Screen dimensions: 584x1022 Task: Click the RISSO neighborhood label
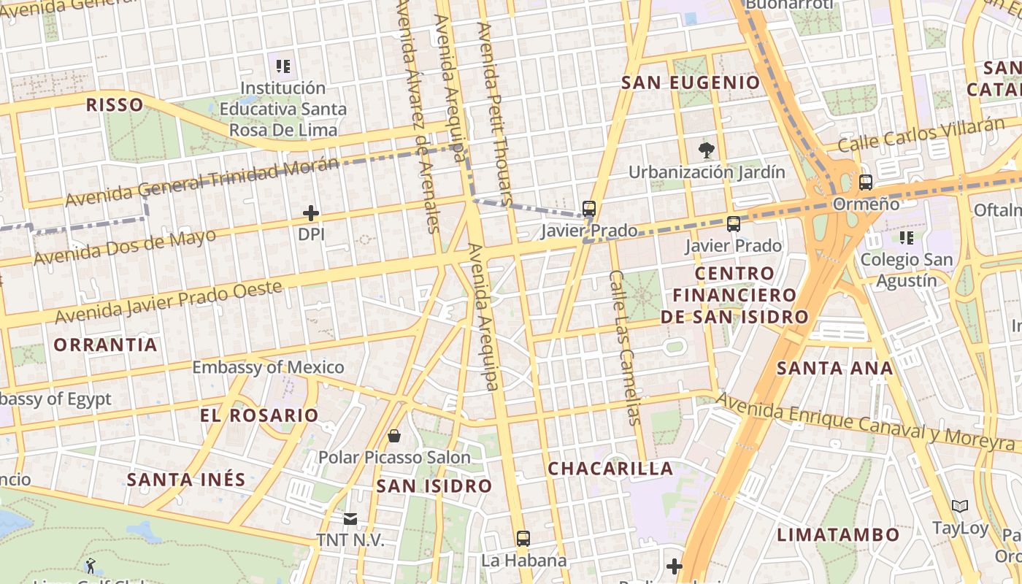click(x=115, y=104)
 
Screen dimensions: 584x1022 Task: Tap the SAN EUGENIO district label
click(x=691, y=82)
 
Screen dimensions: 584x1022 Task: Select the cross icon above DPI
click(x=311, y=213)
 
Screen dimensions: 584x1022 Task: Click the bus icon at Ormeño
click(x=866, y=182)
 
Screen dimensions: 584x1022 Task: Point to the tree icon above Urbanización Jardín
click(x=706, y=151)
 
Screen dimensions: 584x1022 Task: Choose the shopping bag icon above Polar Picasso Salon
click(x=394, y=436)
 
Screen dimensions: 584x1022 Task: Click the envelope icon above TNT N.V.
click(x=350, y=519)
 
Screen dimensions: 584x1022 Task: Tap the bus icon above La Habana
click(x=523, y=539)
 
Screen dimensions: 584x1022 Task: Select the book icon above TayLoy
click(x=960, y=506)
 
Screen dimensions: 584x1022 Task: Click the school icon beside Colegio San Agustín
click(x=907, y=237)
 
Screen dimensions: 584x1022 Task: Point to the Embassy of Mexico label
click(x=268, y=367)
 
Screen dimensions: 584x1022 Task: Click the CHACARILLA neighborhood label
click(x=610, y=469)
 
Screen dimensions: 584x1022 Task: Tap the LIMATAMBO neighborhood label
click(x=838, y=534)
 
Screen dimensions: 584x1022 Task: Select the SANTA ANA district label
click(x=835, y=368)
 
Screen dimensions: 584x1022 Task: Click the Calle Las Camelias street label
click(x=625, y=347)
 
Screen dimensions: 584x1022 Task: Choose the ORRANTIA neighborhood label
click(x=106, y=345)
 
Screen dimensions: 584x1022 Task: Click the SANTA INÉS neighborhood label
click(x=186, y=480)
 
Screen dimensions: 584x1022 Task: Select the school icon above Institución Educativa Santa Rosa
click(x=283, y=67)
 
